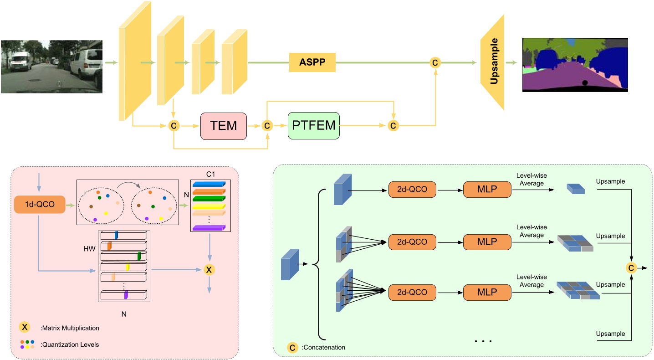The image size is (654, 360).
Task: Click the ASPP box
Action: click(x=312, y=62)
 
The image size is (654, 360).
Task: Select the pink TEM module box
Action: click(x=223, y=125)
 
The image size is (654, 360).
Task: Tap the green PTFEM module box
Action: click(x=314, y=125)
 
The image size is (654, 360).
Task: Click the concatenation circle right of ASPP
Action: click(x=435, y=62)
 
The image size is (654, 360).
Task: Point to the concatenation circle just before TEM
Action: click(x=174, y=125)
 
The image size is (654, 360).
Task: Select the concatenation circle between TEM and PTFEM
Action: click(x=267, y=125)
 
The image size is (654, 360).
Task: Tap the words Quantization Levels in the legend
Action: click(x=71, y=345)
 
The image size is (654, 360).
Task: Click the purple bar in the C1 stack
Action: click(x=209, y=228)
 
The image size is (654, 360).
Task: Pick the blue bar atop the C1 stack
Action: click(x=209, y=184)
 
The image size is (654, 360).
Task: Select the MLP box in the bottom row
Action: click(x=486, y=291)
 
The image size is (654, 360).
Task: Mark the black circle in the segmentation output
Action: click(x=585, y=83)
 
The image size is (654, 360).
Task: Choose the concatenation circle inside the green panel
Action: click(x=631, y=268)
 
